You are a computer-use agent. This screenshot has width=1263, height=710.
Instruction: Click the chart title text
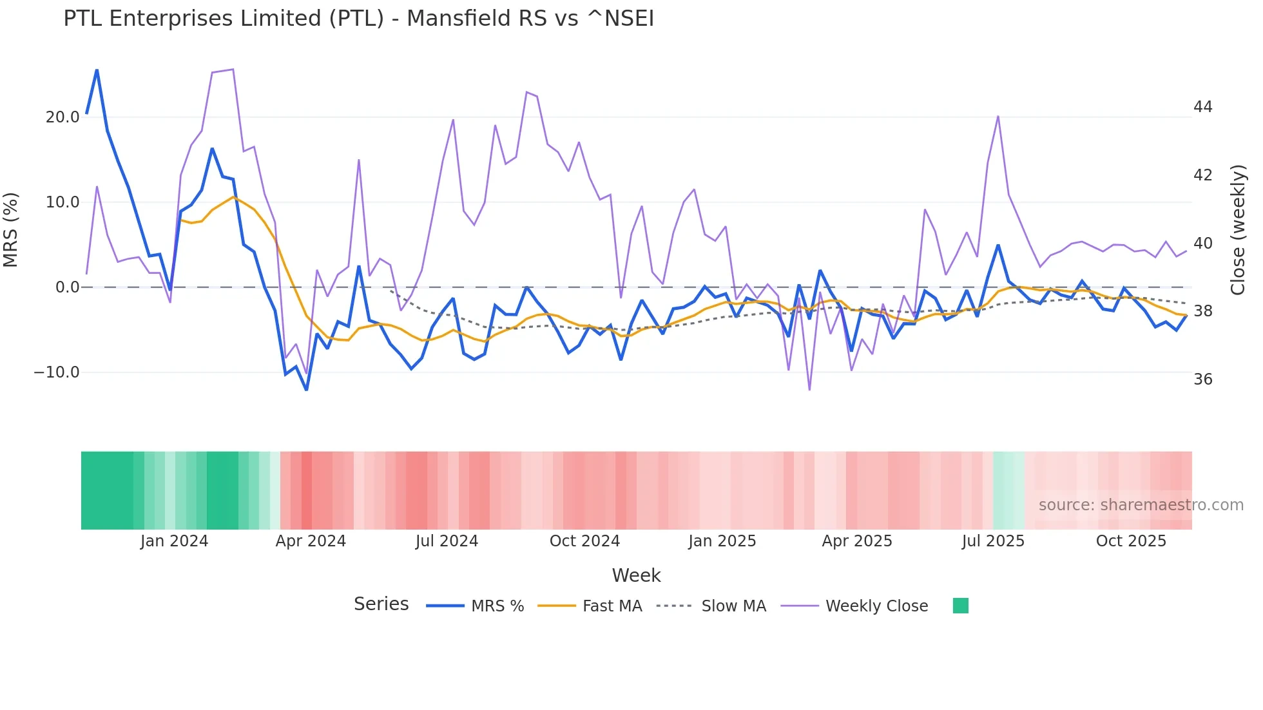tap(358, 19)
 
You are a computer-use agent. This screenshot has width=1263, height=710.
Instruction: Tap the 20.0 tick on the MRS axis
tap(63, 117)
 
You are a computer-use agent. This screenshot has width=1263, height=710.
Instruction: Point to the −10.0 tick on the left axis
tap(57, 372)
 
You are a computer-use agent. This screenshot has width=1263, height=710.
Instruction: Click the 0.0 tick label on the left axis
tap(67, 287)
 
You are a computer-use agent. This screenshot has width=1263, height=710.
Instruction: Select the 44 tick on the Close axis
tap(1202, 107)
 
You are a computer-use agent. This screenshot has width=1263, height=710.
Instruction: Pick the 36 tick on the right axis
tap(1202, 379)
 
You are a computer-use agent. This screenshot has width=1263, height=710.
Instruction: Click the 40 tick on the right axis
tap(1202, 244)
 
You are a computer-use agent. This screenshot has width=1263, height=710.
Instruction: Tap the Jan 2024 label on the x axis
tap(174, 541)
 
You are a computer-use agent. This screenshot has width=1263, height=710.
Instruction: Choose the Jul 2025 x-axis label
tap(993, 541)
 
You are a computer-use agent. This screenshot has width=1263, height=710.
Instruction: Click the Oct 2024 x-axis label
tap(584, 541)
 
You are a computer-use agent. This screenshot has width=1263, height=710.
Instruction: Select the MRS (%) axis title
tap(11, 229)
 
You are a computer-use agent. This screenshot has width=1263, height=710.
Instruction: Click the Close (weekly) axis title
tap(1238, 229)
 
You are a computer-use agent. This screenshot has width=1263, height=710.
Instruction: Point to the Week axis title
tap(636, 575)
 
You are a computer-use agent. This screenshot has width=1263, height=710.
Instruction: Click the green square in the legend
tap(960, 606)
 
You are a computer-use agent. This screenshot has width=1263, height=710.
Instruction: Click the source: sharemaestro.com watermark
tap(1141, 505)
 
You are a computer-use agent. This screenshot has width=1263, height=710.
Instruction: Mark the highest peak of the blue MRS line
tap(97, 70)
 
